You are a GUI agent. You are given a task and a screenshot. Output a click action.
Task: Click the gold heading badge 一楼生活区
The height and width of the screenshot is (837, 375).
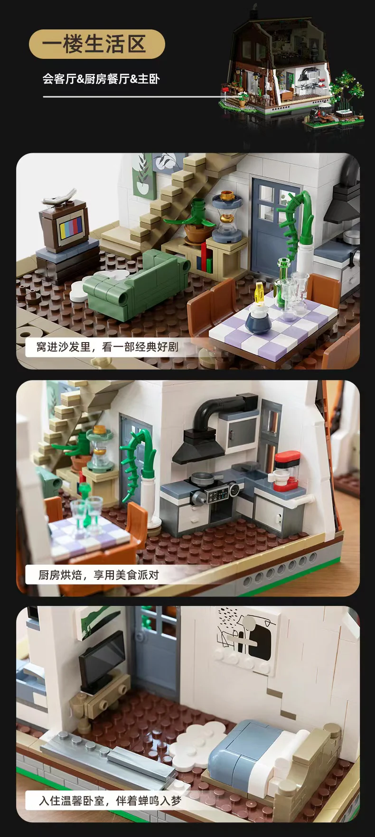[x=97, y=45]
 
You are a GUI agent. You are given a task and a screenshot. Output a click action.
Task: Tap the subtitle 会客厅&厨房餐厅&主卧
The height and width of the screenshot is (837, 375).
[x=101, y=79]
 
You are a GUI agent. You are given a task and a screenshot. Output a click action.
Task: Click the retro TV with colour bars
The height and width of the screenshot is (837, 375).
[x=65, y=223]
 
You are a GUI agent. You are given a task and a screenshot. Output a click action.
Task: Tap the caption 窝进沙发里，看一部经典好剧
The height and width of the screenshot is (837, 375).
[x=107, y=347]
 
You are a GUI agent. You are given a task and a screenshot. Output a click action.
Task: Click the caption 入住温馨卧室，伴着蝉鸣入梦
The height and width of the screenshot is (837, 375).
[x=110, y=801]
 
